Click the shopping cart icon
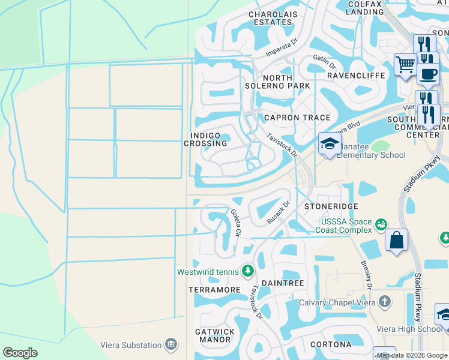(406, 64)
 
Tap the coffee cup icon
(428, 74)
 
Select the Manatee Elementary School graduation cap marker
(329, 143)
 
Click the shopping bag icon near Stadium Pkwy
(396, 241)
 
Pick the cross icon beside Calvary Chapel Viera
(384, 302)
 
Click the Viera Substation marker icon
(171, 345)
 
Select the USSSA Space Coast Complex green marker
(380, 225)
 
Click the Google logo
(20, 352)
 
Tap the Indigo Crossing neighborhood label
(205, 140)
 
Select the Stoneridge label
(327, 206)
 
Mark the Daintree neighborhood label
(282, 283)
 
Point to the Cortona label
(331, 344)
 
